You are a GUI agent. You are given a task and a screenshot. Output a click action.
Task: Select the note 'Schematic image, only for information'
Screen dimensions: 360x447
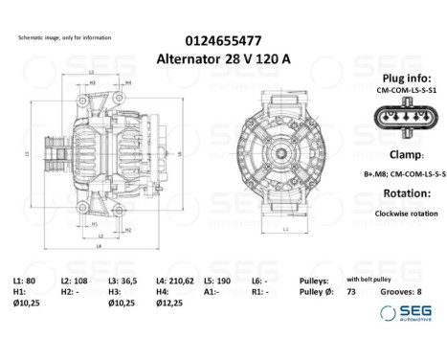(x=64, y=37)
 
